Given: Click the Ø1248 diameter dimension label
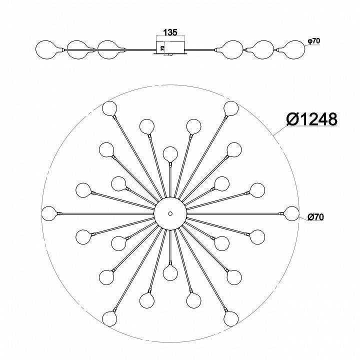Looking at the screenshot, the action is (x=312, y=119).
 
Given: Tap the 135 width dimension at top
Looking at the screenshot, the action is (x=170, y=32).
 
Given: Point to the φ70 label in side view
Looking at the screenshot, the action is (x=313, y=41).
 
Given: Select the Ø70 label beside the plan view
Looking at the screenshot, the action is (x=315, y=217).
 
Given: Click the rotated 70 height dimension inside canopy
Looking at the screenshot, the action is (x=162, y=48).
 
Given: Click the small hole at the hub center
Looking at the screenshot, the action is (x=170, y=213).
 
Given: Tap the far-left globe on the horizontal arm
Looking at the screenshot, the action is (x=49, y=213).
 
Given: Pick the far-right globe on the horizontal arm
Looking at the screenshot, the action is (x=292, y=213).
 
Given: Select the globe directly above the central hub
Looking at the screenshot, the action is (x=170, y=154).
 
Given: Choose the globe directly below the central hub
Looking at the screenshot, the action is (x=170, y=273).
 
